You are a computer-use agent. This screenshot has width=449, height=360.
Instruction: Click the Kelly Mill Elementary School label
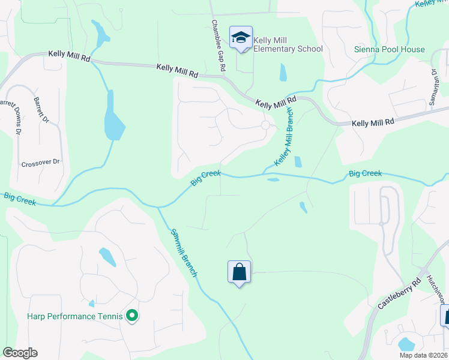point(288,44)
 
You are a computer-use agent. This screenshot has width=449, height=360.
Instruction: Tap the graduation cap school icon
point(241,37)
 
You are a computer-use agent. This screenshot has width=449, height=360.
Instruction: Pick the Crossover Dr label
point(41,162)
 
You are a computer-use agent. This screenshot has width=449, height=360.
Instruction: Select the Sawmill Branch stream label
point(184,252)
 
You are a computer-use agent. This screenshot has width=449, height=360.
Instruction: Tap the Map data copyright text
point(423,355)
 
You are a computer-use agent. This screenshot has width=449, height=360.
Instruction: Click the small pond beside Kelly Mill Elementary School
point(283,73)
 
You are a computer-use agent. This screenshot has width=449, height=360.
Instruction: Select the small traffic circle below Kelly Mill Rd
point(265,125)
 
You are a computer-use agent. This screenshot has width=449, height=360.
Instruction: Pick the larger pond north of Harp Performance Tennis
point(108,257)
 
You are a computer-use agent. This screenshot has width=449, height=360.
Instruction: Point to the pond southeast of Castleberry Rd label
point(406,344)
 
